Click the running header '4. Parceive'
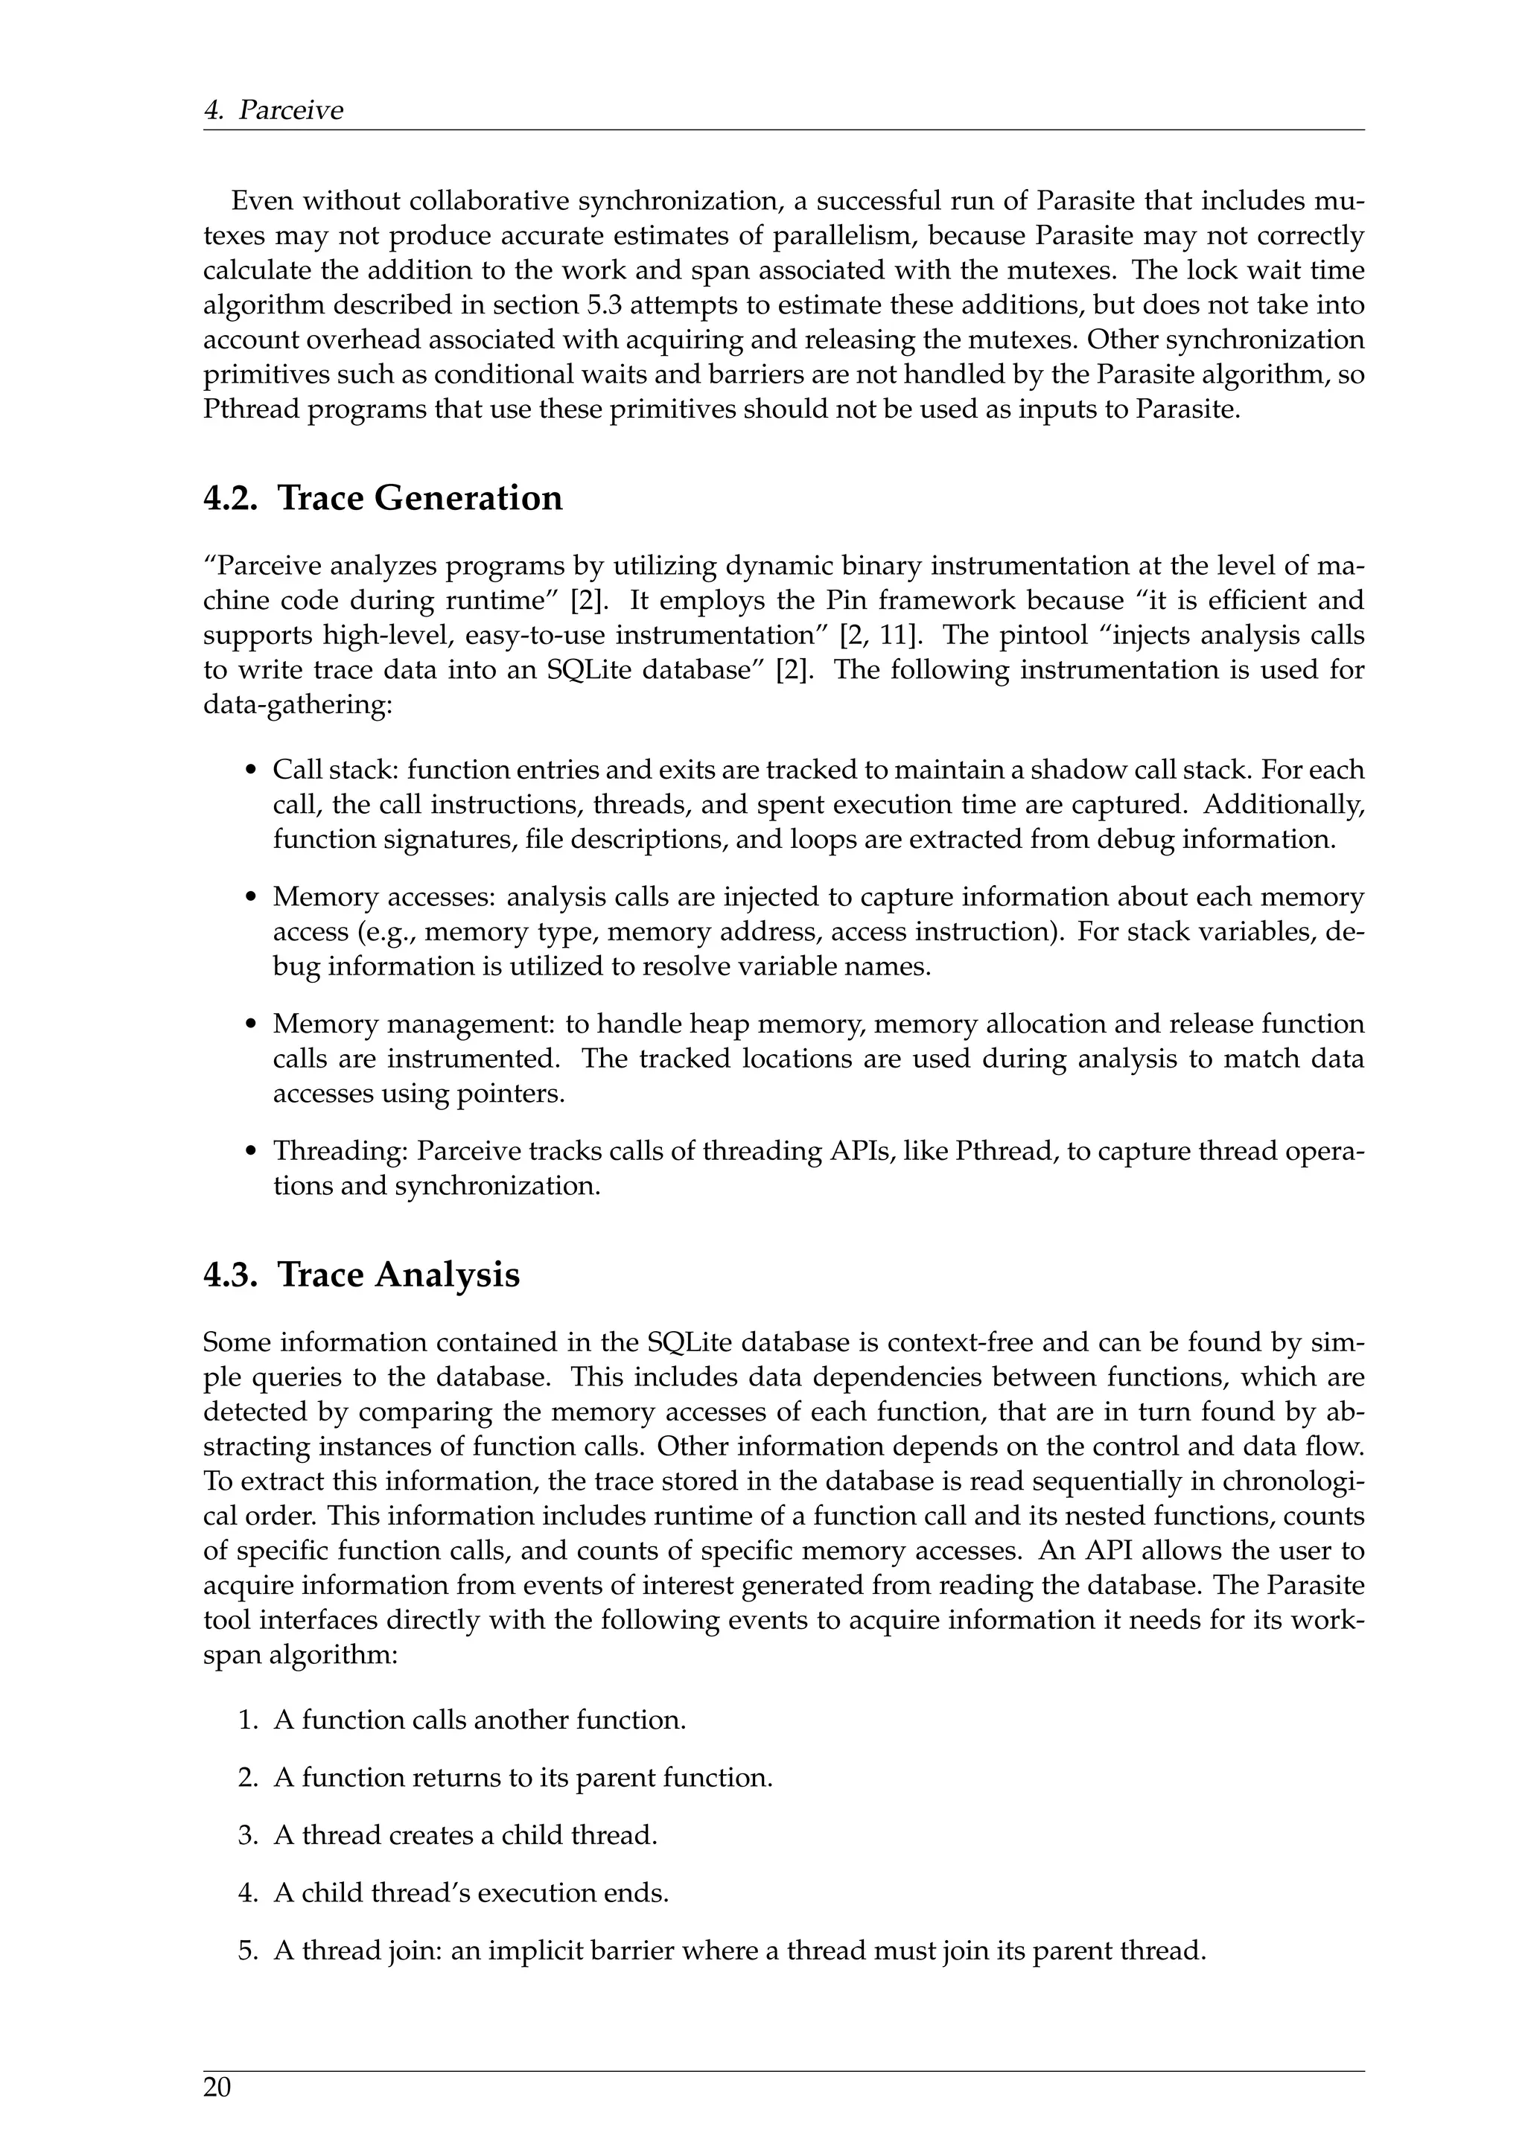pyautogui.click(x=273, y=110)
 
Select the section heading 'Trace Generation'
pyautogui.click(x=420, y=498)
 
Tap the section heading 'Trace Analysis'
pyautogui.click(x=398, y=1275)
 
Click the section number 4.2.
pyautogui.click(x=229, y=498)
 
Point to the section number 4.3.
pyautogui.click(x=229, y=1275)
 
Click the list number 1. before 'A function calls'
pyautogui.click(x=248, y=1720)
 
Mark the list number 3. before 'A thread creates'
pyautogui.click(x=248, y=1835)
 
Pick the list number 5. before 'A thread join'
pyautogui.click(x=248, y=1951)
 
